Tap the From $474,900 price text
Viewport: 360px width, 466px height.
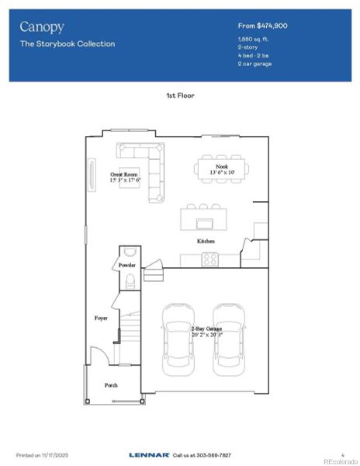[x=262, y=26]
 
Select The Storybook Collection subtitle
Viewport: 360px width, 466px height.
[x=67, y=44]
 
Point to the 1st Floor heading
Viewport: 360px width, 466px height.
[x=180, y=95]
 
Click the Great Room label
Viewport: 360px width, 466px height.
[x=124, y=175]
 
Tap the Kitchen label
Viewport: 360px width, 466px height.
[x=206, y=242]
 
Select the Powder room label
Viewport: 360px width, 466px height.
[x=126, y=266]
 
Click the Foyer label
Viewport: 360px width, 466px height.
[x=101, y=318]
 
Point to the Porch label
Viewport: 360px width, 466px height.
[x=111, y=385]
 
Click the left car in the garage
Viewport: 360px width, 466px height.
[x=178, y=336]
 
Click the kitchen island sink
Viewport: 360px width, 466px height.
[x=205, y=224]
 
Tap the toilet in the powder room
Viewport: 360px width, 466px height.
[x=130, y=280]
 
